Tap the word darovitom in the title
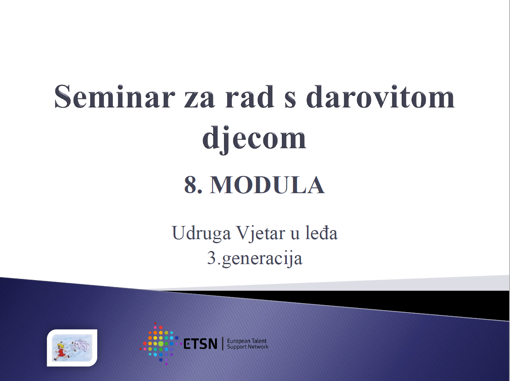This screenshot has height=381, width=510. click(x=380, y=97)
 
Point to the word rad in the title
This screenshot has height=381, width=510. click(x=250, y=97)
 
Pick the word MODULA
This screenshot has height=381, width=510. click(x=267, y=185)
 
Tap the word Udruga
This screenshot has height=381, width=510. click(x=201, y=233)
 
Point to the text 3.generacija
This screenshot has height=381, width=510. click(x=255, y=258)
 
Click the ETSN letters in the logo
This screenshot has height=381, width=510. click(x=200, y=344)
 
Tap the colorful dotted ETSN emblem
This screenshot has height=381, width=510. click(x=160, y=344)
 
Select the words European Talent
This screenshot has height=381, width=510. click(x=247, y=341)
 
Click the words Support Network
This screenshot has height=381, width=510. click(x=248, y=347)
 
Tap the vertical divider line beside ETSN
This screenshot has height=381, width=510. click(x=223, y=344)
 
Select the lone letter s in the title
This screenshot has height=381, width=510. click(x=290, y=100)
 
